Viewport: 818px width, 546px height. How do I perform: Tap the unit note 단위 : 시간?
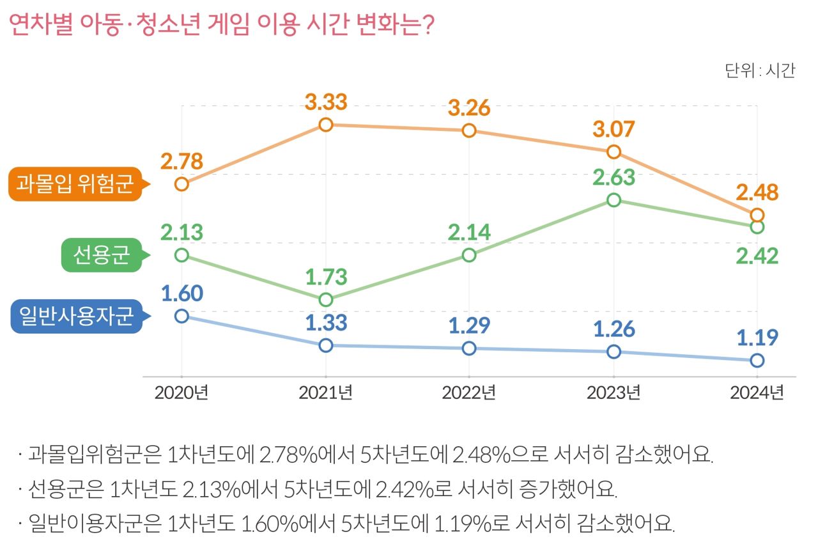tap(760, 70)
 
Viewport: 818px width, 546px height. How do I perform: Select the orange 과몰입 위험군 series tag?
tap(75, 185)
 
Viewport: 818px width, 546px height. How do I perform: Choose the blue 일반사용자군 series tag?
tap(76, 316)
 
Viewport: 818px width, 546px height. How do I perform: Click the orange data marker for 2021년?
tap(326, 125)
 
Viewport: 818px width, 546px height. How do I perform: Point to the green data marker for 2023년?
tap(613, 200)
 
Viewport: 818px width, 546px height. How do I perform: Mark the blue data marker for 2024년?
tap(757, 361)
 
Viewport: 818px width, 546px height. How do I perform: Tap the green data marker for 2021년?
tap(326, 300)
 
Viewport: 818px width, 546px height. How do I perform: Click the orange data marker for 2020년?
tap(181, 184)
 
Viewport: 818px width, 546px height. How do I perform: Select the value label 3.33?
tap(326, 102)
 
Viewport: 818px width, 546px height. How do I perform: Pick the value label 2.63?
tap(613, 177)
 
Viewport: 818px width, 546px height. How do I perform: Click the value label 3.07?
tap(613, 129)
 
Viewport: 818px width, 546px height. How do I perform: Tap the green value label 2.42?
tap(757, 256)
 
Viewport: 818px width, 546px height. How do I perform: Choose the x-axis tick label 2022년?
tap(469, 392)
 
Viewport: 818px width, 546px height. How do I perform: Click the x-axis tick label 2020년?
tap(181, 392)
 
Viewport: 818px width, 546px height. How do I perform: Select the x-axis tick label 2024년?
tap(757, 392)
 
